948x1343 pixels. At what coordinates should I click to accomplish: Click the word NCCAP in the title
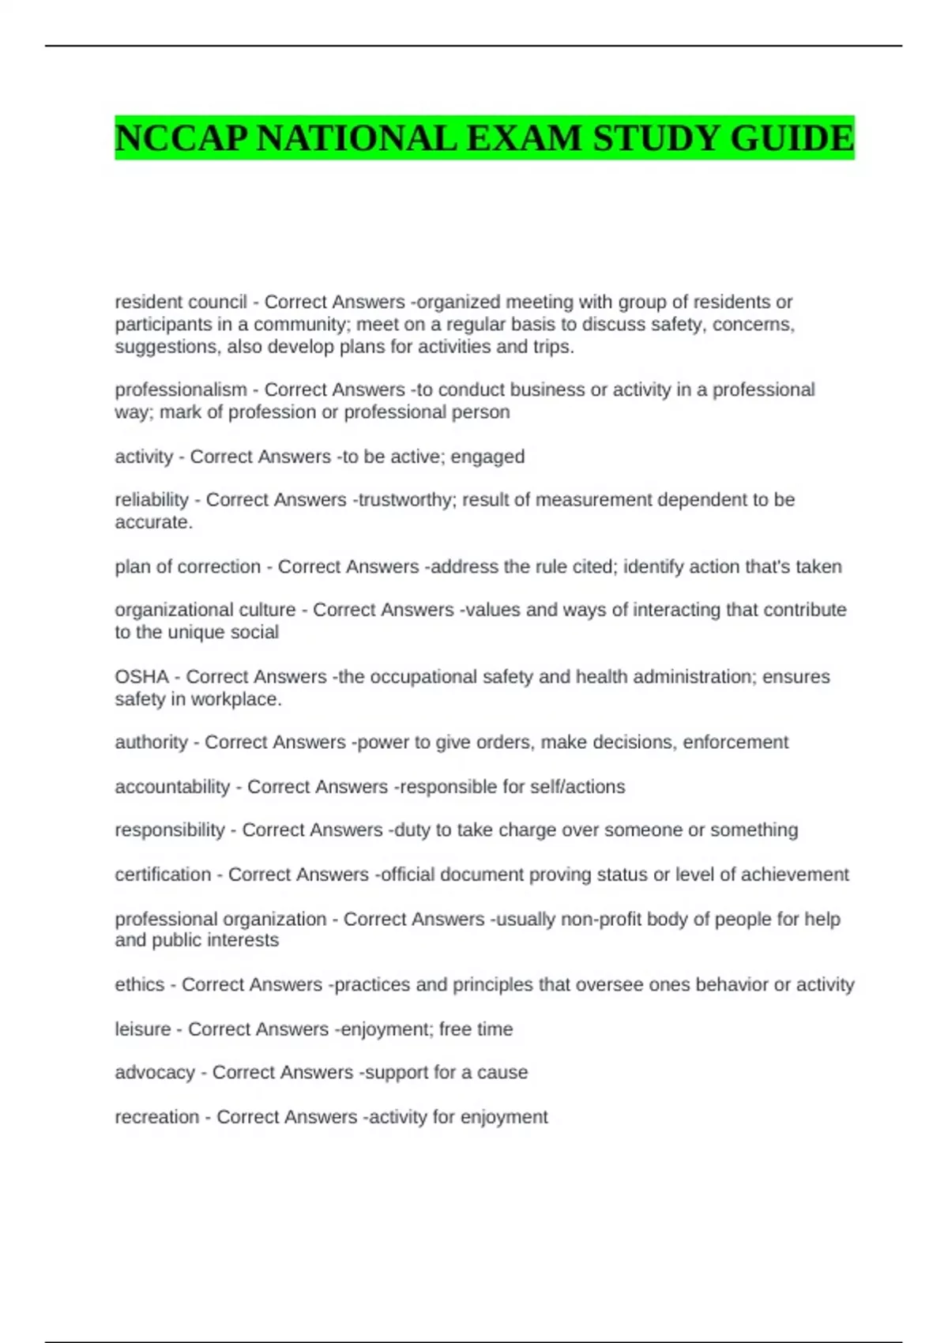(182, 138)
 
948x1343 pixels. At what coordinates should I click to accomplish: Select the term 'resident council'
(180, 302)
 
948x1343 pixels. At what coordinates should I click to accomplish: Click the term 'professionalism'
(180, 389)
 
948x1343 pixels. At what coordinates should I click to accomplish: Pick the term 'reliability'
(152, 499)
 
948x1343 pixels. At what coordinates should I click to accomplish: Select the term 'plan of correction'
(187, 566)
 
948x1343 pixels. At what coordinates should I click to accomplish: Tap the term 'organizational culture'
(205, 610)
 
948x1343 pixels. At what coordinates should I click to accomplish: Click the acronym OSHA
(141, 677)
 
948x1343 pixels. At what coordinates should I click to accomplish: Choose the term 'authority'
(151, 742)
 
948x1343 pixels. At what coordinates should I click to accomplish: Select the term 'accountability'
(172, 787)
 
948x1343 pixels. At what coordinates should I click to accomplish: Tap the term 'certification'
(163, 875)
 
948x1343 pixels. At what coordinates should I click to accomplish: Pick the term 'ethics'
(139, 984)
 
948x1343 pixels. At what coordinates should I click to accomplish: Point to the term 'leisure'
(142, 1029)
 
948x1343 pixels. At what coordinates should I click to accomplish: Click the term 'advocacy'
(154, 1072)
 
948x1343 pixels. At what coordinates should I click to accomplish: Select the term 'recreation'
(156, 1117)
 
